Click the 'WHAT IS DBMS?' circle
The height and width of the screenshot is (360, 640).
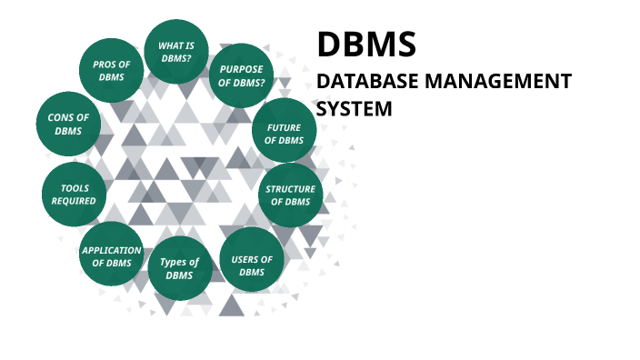point(177,51)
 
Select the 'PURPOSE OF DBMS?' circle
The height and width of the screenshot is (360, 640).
point(242,75)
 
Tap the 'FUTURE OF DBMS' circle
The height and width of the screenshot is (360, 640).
point(285,134)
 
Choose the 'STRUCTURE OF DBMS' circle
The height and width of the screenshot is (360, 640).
point(290,195)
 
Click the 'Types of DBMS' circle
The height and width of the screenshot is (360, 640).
point(179,268)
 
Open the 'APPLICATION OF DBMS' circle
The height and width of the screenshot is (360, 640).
point(112,255)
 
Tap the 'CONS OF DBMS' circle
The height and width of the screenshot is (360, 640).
point(68,124)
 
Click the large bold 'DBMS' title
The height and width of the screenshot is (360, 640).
point(366,45)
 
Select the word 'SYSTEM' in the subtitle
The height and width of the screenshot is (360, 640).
point(354,108)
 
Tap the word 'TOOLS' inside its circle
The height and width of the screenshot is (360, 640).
point(75,188)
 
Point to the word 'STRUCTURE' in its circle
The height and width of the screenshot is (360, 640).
point(290,189)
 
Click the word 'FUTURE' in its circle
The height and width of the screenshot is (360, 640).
point(285,128)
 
